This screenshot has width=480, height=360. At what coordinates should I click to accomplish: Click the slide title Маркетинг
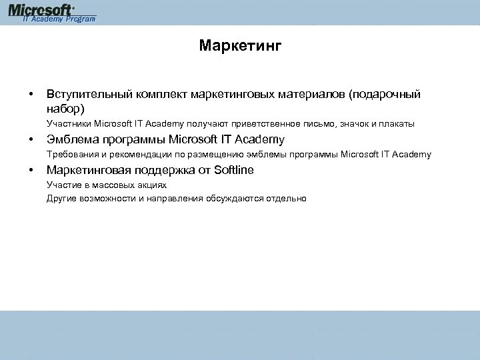(240, 46)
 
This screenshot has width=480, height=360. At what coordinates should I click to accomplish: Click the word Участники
(69, 124)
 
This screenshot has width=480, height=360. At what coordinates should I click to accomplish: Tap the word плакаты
(397, 124)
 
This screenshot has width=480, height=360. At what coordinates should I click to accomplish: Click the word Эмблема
(71, 139)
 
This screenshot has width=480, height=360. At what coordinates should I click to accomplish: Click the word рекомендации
(143, 155)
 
